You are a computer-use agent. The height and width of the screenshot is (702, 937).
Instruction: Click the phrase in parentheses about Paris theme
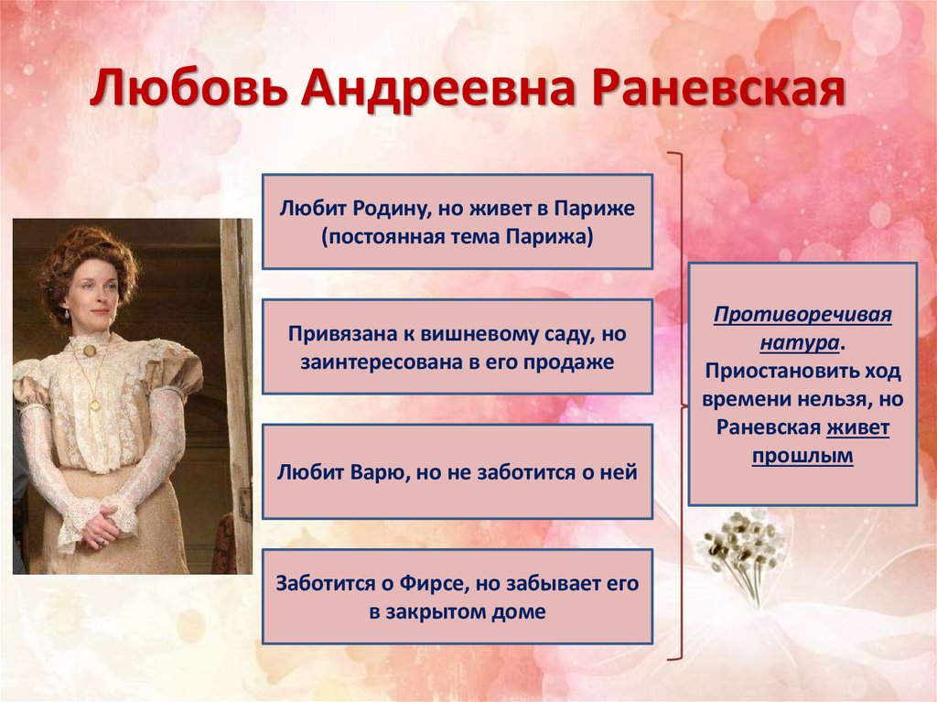[458, 237]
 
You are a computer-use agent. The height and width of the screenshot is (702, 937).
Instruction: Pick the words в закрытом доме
[458, 611]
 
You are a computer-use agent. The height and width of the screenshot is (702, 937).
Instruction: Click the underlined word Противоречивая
[802, 316]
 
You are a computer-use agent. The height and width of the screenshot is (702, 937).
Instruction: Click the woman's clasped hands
[102, 526]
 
